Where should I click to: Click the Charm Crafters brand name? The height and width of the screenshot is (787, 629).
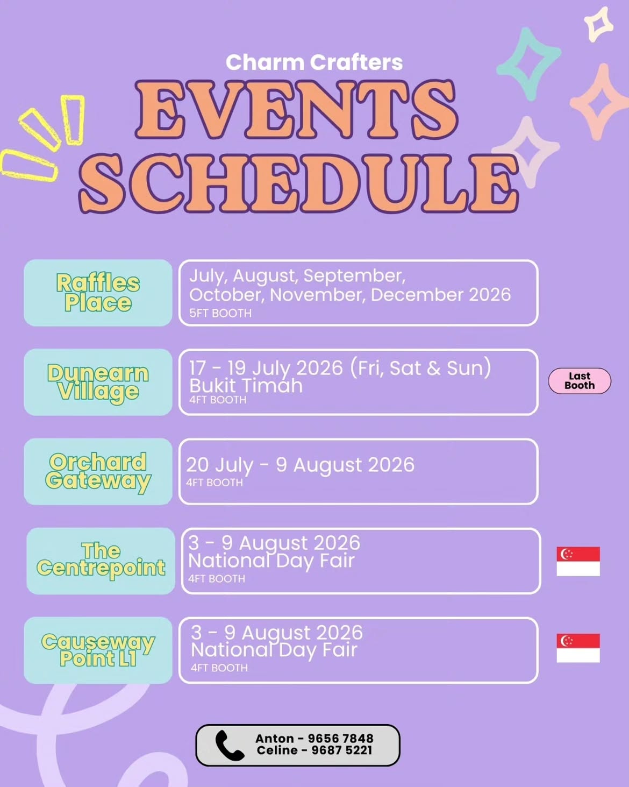(314, 62)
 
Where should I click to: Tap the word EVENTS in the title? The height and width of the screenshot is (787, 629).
(297, 110)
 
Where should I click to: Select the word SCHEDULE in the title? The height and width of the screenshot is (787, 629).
(298, 183)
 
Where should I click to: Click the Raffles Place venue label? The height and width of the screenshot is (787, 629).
(98, 293)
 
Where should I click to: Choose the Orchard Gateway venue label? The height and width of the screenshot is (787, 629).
(98, 472)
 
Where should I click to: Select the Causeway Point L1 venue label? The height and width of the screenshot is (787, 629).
(98, 650)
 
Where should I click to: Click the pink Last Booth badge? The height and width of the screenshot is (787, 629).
(580, 381)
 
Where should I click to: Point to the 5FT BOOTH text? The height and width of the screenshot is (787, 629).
(220, 314)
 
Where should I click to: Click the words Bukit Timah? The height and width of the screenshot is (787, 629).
(246, 386)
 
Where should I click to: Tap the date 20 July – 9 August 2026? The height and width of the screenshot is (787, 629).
(301, 465)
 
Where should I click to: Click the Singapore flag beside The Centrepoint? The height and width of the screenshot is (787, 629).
(578, 562)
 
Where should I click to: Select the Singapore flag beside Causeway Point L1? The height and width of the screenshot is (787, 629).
(578, 648)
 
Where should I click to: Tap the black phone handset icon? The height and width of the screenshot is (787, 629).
(230, 746)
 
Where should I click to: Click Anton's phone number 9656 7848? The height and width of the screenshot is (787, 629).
(341, 739)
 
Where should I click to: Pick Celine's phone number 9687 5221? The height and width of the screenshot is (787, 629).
(342, 750)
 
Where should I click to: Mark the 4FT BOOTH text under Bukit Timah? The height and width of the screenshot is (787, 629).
(218, 400)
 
